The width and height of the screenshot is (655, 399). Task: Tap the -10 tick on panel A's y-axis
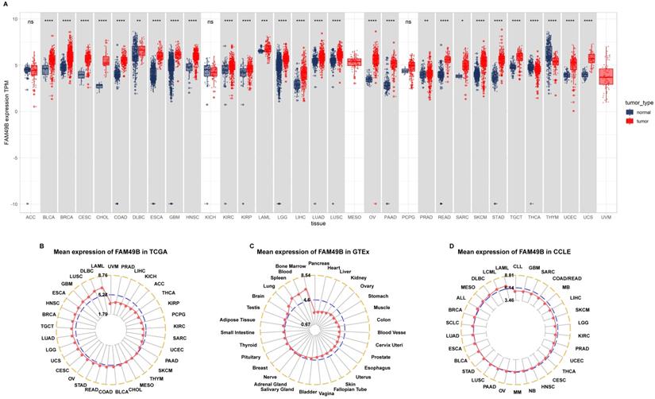coord(17,203)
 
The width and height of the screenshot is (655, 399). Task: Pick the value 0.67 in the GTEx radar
coord(306,324)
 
